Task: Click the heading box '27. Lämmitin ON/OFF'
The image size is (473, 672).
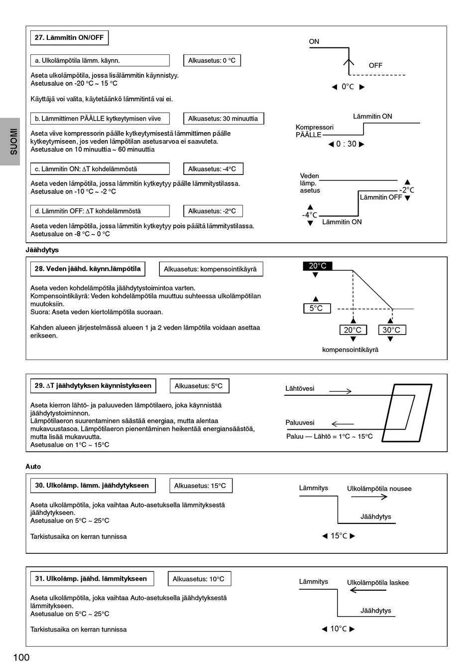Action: pos(69,38)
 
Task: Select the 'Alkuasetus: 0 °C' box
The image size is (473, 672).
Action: pos(212,61)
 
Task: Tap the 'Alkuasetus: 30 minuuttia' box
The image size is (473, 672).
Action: pos(223,119)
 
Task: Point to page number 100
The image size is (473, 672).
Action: pos(21,658)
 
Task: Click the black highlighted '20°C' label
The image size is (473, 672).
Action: pos(317,266)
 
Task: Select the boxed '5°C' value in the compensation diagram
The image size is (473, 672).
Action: pos(317,309)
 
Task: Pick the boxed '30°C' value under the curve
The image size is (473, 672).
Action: pos(391,330)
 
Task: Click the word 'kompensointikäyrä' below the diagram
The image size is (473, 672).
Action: pos(350,350)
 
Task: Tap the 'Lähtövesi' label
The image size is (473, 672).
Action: pos(300,389)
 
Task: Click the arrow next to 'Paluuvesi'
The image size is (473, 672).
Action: pos(342,424)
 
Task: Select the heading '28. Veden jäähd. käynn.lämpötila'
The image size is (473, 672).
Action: pos(88,269)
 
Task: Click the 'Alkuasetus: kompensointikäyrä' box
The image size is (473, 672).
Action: pos(211,269)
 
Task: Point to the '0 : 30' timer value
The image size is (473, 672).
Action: pos(346,144)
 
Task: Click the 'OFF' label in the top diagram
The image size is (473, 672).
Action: pos(375,66)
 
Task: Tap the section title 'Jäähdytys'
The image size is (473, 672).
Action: pos(42,250)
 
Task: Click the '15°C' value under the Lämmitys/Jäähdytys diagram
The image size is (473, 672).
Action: pos(339,536)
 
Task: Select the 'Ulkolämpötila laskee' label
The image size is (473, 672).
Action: pos(377,583)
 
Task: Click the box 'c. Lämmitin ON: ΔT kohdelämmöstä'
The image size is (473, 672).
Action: pos(100,169)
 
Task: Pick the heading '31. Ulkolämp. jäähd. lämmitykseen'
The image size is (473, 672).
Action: pos(92,579)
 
